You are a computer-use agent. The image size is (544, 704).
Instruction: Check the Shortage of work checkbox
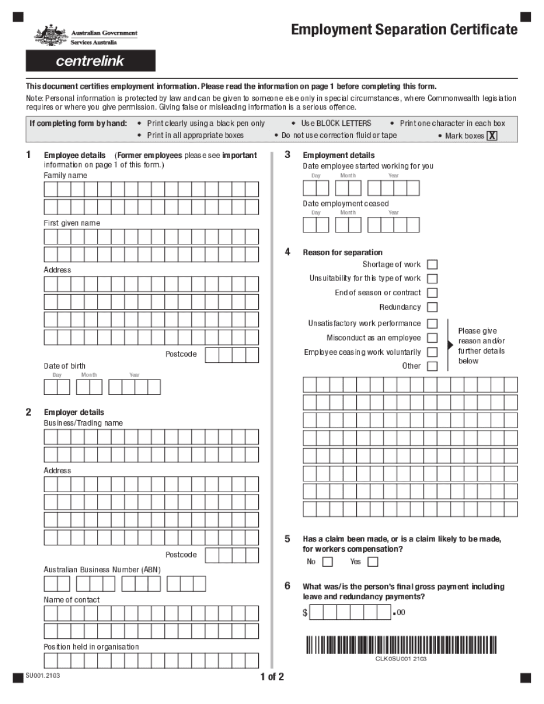point(432,264)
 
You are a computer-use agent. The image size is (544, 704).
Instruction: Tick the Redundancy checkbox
point(432,307)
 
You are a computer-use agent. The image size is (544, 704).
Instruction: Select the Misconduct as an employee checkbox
point(432,338)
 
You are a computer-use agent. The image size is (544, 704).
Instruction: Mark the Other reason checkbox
point(432,366)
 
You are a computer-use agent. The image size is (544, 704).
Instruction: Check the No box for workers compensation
point(328,562)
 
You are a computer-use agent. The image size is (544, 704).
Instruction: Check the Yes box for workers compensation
point(373,562)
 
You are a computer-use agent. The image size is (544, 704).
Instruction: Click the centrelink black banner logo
point(90,61)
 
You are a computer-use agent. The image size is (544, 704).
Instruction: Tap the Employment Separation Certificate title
point(404,30)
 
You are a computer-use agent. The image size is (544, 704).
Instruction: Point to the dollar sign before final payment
point(305,613)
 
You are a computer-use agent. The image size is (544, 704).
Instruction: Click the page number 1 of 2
point(272,677)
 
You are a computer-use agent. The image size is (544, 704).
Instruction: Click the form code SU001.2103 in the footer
point(42,676)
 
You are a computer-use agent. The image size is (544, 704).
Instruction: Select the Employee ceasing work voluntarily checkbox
point(432,353)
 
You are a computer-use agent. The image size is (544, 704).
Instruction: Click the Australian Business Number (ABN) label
point(102,569)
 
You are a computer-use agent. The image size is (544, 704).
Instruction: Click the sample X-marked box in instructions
point(492,136)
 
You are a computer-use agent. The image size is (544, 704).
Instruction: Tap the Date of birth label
point(65,366)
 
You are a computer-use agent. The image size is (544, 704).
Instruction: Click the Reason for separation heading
point(342,252)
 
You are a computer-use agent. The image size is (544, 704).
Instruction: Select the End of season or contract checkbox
point(432,293)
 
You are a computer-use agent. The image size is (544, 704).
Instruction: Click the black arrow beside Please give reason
point(451,345)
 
